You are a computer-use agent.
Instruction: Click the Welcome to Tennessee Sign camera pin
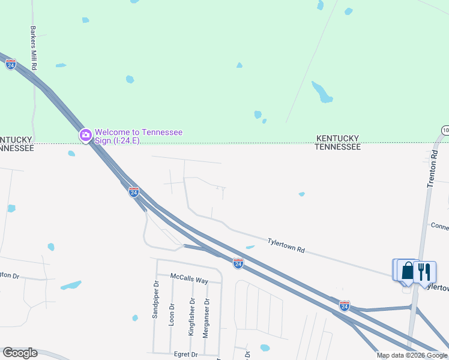(85, 136)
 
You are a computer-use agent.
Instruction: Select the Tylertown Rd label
(286, 245)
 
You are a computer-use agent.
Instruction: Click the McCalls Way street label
(188, 280)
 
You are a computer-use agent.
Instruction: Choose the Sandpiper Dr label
(155, 300)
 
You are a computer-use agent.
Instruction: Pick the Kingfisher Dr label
(192, 317)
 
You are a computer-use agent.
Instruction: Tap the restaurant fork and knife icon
(425, 271)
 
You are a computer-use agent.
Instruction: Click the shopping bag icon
(408, 271)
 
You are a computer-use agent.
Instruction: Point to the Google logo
(20, 353)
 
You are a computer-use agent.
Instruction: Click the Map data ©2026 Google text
(412, 355)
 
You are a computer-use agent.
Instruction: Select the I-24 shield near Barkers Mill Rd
(11, 64)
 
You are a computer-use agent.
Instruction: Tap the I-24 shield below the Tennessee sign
(134, 192)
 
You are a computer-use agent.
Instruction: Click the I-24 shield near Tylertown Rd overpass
(238, 263)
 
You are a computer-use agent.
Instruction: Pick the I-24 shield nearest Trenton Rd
(344, 305)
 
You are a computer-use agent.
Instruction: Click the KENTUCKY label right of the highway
(338, 138)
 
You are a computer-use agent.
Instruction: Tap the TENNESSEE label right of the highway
(338, 146)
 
